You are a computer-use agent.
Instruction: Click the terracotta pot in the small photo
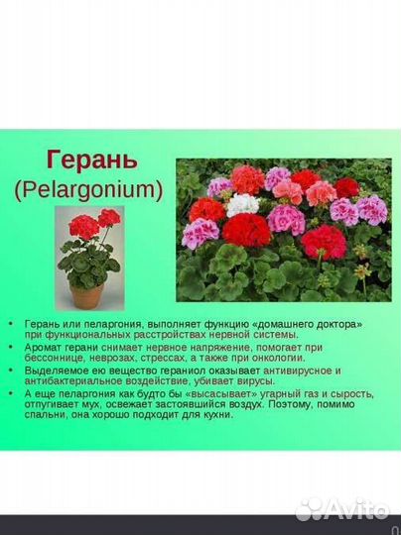(87, 293)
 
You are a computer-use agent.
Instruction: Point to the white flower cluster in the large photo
(242, 205)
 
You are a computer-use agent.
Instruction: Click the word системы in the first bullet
(275, 335)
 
